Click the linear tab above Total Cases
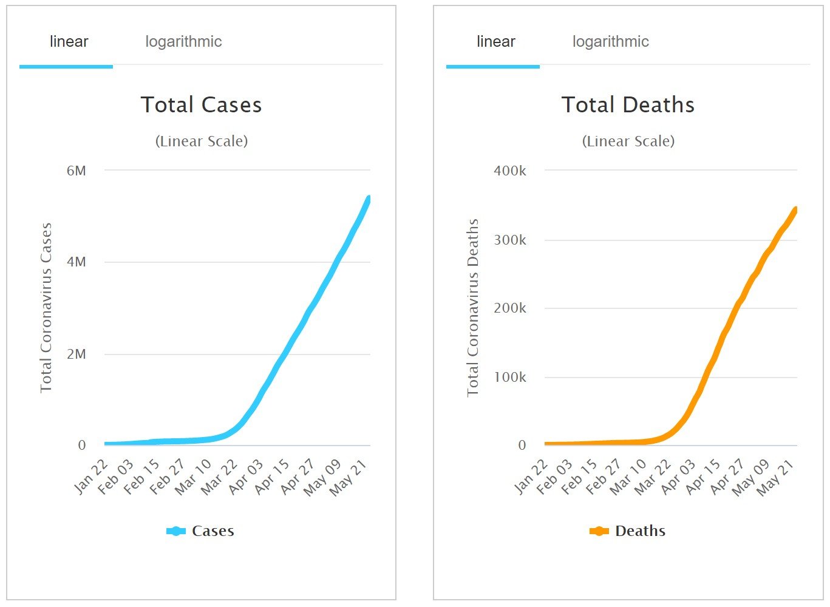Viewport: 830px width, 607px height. tap(69, 42)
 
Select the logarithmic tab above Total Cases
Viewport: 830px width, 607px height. tap(183, 42)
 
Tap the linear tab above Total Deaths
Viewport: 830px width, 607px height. tap(495, 42)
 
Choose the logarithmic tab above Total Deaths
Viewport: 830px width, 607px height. tap(610, 42)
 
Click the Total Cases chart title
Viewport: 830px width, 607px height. tap(201, 105)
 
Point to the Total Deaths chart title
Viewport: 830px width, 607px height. tap(628, 105)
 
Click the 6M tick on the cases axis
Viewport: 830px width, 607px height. tap(77, 171)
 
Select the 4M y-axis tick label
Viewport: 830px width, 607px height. tap(77, 262)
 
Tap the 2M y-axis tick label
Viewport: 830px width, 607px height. tap(77, 354)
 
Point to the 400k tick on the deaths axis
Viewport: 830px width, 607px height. tap(510, 171)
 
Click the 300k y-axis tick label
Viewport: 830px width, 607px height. tap(510, 240)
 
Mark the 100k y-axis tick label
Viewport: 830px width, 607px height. tap(510, 377)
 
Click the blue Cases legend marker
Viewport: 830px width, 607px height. tap(175, 531)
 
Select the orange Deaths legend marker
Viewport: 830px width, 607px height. tap(599, 531)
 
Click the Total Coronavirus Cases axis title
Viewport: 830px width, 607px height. tap(46, 307)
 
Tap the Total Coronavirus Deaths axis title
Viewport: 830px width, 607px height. tap(473, 307)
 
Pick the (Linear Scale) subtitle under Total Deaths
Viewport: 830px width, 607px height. tap(628, 141)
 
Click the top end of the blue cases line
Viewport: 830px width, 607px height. tap(369, 198)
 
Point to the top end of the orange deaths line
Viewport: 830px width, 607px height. tap(796, 209)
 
